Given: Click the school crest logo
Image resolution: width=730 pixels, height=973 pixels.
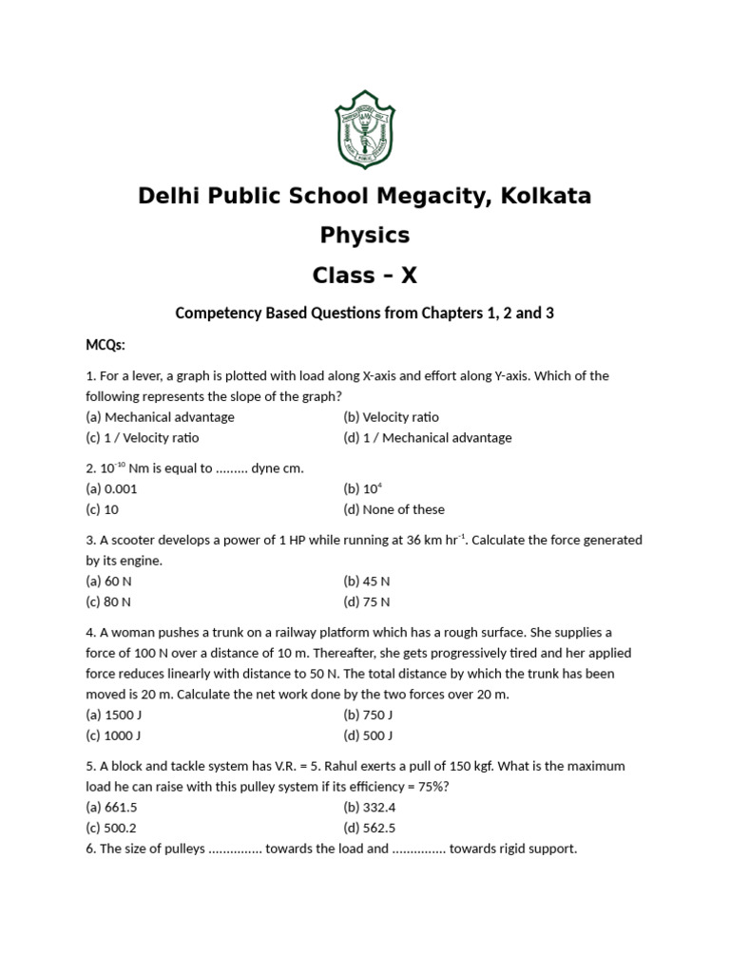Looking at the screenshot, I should click(x=365, y=129).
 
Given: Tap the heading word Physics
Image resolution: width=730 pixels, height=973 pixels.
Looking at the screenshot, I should click(x=365, y=235).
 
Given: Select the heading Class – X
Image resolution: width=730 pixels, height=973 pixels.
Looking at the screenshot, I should click(x=365, y=276).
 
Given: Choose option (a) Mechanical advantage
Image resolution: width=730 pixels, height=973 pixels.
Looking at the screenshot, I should click(x=160, y=417).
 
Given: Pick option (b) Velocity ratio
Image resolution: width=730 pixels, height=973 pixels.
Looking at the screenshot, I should click(x=391, y=417).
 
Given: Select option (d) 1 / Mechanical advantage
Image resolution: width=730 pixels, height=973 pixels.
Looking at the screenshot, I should click(x=427, y=438).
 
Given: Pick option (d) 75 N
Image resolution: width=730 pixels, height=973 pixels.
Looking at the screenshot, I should click(x=367, y=601).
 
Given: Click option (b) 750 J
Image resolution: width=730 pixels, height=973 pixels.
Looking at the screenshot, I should click(x=368, y=715).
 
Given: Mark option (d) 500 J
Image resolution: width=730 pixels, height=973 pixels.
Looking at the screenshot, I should click(x=368, y=735).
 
